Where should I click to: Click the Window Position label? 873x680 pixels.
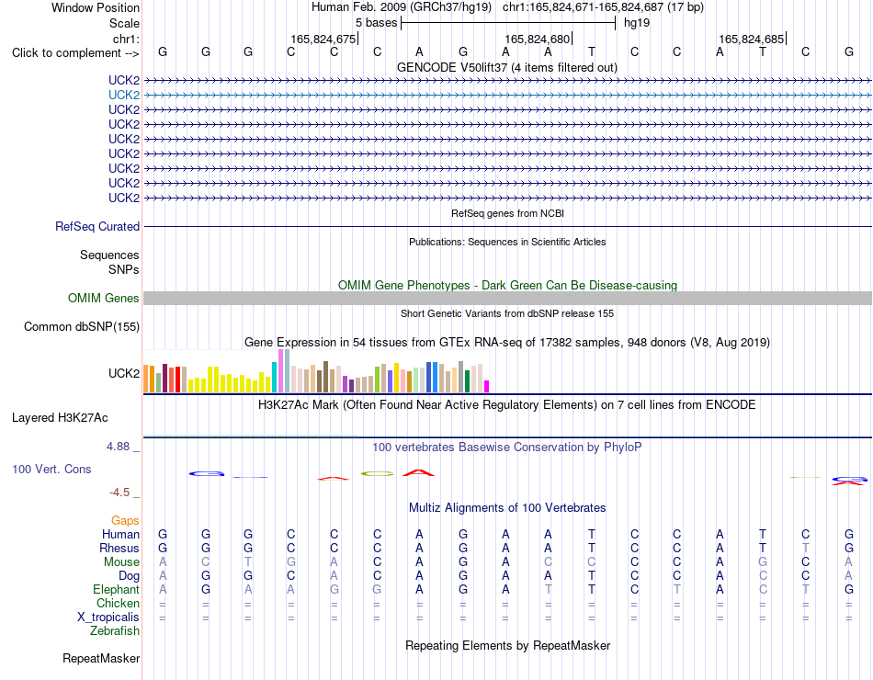96,7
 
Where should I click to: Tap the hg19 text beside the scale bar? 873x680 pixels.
637,23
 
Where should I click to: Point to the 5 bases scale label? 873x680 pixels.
377,23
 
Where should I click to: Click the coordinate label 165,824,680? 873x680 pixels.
538,39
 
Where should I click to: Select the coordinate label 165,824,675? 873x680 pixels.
323,39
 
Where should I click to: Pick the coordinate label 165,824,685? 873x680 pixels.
752,39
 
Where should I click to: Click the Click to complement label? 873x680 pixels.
75,53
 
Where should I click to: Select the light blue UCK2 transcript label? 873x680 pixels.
124,96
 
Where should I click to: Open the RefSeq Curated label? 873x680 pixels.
97,227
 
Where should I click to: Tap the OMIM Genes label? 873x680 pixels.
104,298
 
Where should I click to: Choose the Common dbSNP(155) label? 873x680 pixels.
82,327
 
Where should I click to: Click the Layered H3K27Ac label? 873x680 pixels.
60,418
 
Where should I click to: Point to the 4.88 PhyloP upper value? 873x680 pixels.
118,447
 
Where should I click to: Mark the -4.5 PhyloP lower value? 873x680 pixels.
119,493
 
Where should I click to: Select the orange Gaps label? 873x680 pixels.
125,521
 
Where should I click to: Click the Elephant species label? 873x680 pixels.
117,589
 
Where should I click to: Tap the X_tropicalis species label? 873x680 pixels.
108,618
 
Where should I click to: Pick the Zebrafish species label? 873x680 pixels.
115,631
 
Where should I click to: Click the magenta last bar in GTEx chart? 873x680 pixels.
487,387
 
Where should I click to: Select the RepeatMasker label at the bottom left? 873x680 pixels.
101,658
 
